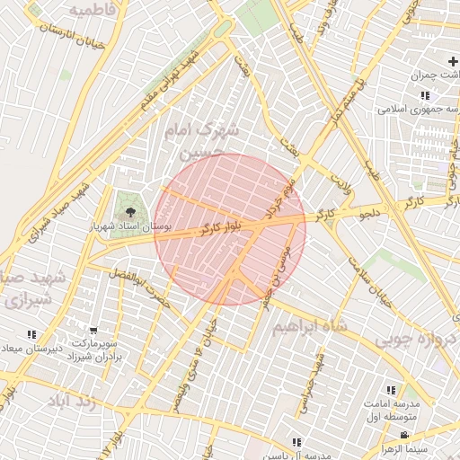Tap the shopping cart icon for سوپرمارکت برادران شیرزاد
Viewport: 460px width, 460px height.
93,331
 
